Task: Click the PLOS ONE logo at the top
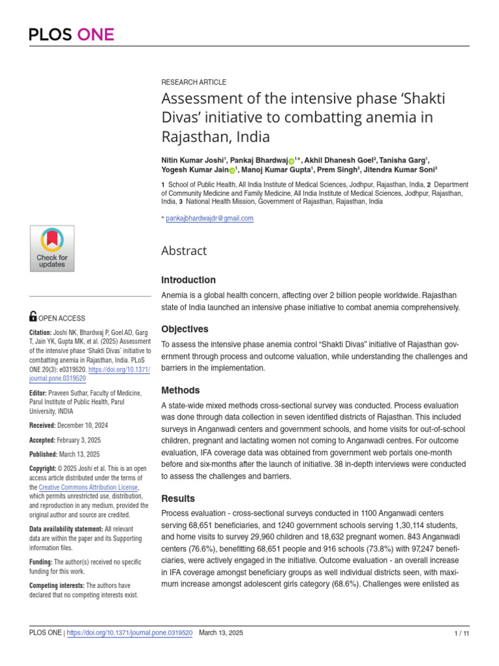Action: [71, 34]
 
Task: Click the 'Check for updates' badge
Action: [52, 248]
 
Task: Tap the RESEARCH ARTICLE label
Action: [194, 83]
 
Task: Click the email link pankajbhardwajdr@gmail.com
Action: [209, 219]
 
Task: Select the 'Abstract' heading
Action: [184, 251]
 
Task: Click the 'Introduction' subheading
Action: [188, 280]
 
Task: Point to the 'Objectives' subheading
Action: [185, 329]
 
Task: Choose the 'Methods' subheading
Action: [180, 390]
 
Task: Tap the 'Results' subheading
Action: [178, 498]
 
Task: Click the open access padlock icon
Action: [33, 317]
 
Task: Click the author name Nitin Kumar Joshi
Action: [192, 160]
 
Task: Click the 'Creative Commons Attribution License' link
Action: [88, 487]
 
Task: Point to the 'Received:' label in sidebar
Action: [45, 425]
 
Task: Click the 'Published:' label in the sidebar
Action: [46, 455]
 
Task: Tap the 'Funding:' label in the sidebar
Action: [41, 561]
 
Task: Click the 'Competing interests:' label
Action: [57, 585]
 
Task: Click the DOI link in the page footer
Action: [130, 633]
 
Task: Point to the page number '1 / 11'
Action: [461, 633]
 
